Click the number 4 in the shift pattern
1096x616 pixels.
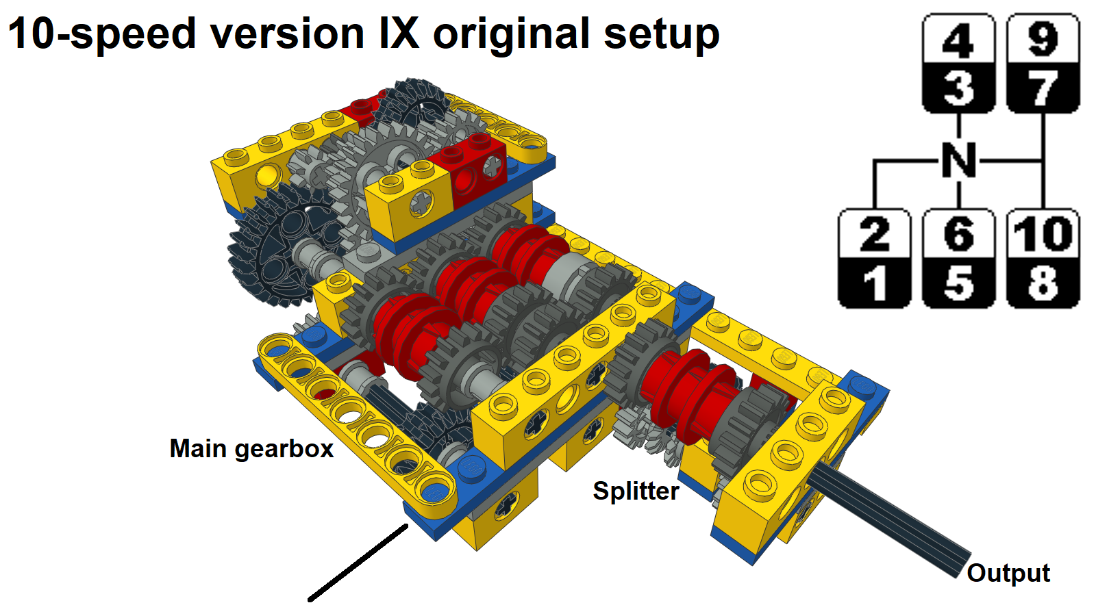click(958, 40)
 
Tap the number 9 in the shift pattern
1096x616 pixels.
click(1043, 40)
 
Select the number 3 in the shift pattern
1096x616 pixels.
click(958, 89)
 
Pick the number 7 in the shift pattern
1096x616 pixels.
click(1043, 89)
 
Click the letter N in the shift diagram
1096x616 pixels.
click(959, 161)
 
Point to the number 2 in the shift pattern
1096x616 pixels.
click(874, 235)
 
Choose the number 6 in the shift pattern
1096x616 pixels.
click(958, 235)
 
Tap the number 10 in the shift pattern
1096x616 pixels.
click(1043, 235)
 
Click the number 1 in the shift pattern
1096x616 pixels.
click(875, 283)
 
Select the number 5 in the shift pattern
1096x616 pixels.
click(958, 283)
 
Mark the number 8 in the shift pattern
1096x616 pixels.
click(1043, 283)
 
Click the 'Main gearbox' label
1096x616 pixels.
click(251, 449)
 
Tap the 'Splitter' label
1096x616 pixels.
click(636, 491)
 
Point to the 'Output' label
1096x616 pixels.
click(1008, 573)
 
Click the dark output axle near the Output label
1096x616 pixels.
click(891, 520)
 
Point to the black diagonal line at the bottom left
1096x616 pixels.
click(358, 563)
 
